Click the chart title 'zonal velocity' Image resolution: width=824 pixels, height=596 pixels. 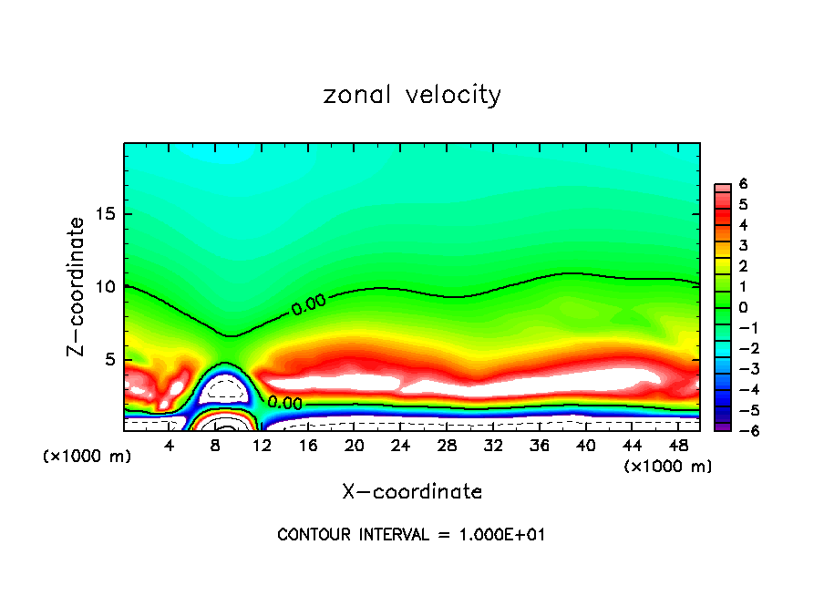click(412, 95)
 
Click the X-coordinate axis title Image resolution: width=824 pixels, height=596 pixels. click(412, 492)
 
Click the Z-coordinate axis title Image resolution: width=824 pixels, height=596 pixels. click(77, 286)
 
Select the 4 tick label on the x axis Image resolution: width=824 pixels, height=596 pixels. click(170, 446)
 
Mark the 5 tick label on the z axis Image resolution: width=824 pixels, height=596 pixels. click(108, 359)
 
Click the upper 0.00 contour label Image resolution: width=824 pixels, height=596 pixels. click(308, 304)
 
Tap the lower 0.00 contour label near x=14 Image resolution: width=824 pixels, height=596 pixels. click(284, 403)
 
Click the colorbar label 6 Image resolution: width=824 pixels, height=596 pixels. click(744, 183)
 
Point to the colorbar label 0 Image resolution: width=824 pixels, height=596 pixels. click(744, 306)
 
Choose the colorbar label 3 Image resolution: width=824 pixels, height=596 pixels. click(744, 245)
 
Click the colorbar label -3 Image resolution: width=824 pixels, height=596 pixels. click(740, 367)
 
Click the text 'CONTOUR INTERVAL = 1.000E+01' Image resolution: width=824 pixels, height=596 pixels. click(411, 535)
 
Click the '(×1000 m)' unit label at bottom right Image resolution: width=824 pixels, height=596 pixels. click(668, 467)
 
